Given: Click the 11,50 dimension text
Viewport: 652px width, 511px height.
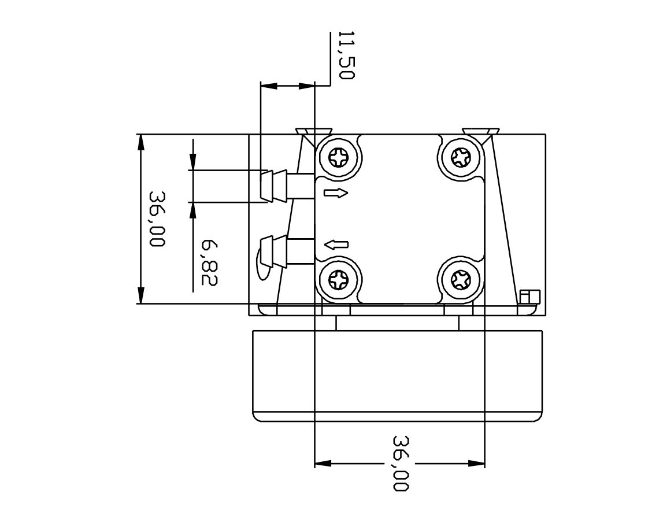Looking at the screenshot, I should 345,55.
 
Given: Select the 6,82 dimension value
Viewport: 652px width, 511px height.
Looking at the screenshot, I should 209,263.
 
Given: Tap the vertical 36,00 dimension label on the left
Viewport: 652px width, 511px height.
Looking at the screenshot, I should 157,219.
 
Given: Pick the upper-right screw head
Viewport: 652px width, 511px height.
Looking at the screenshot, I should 460,157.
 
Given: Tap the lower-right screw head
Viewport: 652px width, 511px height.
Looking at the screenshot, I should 460,281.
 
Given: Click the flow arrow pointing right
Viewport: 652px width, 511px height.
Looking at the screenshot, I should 336,193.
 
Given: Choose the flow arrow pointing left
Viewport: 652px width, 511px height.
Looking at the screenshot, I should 336,245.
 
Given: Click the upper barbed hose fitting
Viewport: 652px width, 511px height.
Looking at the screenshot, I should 274,186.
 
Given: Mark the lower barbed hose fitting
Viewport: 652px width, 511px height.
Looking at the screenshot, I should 274,251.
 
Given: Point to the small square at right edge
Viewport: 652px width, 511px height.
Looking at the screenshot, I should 529,297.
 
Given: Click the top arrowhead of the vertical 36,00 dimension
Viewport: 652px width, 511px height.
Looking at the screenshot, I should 140,142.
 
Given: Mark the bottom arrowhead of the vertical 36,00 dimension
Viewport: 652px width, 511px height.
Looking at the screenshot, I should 140,295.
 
